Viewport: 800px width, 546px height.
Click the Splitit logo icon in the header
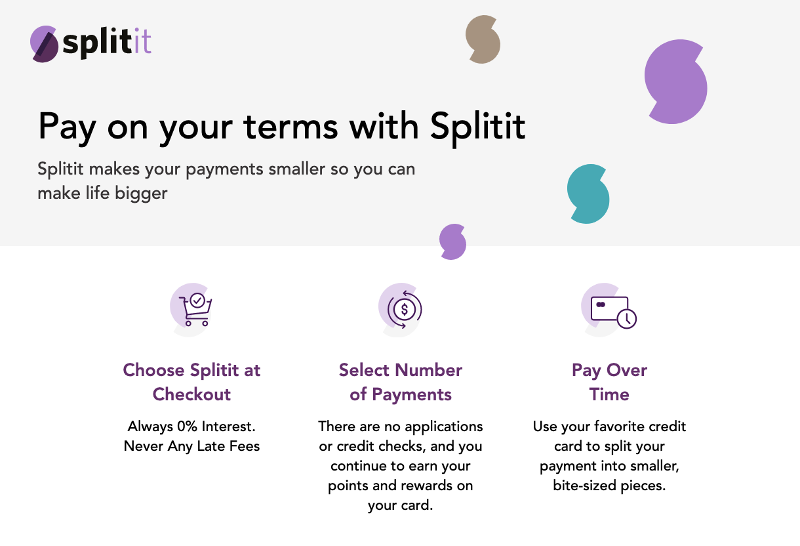tap(45, 44)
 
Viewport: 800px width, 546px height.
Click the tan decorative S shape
tap(483, 39)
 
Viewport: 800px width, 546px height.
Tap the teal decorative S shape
tap(588, 194)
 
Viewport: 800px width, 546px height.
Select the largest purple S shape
tap(675, 82)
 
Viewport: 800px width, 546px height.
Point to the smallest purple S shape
tap(452, 242)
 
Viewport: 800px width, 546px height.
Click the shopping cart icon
tap(195, 310)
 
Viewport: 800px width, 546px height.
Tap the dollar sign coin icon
tap(405, 310)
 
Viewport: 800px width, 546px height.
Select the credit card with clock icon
tap(614, 312)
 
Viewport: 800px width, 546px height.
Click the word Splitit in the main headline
tap(477, 127)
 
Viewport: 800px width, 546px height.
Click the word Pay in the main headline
tap(67, 127)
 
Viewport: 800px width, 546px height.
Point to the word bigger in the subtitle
tap(141, 194)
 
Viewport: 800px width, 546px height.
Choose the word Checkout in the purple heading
tap(191, 394)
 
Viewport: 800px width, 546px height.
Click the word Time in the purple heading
tap(609, 394)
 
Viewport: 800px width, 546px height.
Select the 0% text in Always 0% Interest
tap(187, 427)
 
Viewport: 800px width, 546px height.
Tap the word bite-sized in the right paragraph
tap(585, 486)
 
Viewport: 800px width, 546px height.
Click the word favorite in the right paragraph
tap(619, 427)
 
